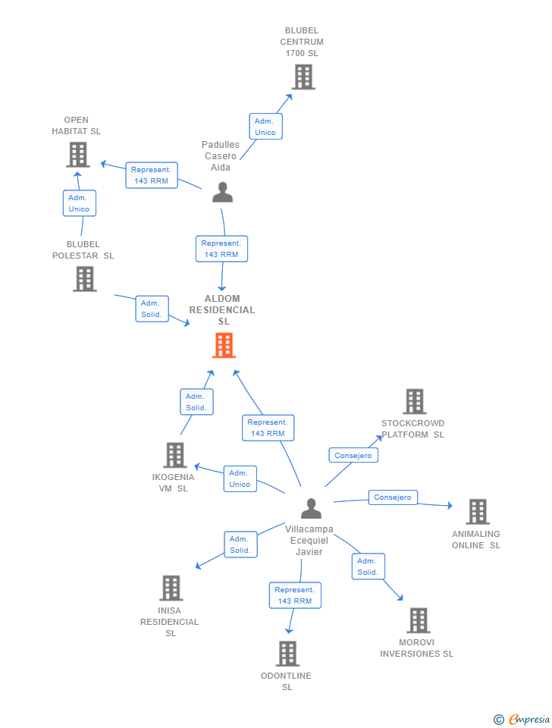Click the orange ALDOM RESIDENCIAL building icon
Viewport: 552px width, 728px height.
pos(224,346)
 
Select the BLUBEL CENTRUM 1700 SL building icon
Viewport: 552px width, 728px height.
pos(303,77)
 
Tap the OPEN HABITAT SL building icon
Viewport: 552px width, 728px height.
pos(77,155)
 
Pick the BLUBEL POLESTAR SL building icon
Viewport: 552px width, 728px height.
pos(85,279)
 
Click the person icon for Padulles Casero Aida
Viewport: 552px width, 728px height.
pos(222,192)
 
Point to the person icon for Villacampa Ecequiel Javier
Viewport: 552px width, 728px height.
pos(311,508)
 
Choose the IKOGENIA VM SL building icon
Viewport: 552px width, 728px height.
pos(175,455)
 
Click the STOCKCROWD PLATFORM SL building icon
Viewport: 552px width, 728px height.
pos(415,401)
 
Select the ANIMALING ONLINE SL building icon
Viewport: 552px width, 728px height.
pos(478,512)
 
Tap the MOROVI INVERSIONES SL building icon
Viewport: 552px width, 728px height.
pos(419,620)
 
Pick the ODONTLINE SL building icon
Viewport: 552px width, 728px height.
pos(288,653)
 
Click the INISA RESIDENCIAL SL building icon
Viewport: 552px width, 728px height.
pos(171,588)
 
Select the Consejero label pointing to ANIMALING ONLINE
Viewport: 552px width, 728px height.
pos(393,497)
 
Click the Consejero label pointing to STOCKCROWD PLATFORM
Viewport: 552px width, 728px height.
pos(353,456)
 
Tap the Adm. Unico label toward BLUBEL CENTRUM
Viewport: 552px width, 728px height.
pos(265,127)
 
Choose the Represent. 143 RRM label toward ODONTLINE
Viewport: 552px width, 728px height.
pos(295,595)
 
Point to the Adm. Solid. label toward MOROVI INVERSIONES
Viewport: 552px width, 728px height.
pos(369,566)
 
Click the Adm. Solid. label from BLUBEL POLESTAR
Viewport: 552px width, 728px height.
pos(152,309)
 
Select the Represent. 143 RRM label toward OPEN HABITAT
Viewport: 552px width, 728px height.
pos(152,175)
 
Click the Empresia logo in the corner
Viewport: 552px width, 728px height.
pos(522,719)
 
